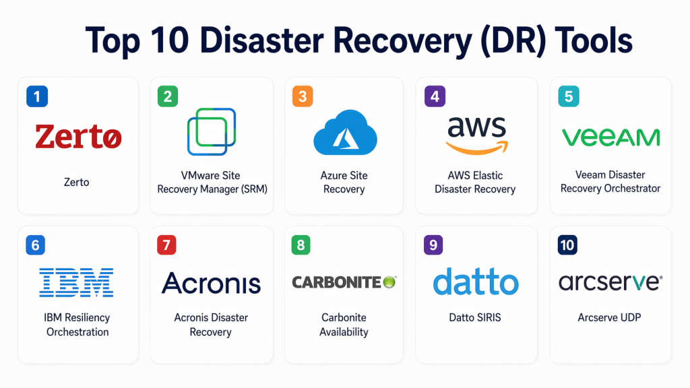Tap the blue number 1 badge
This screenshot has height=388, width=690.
pyautogui.click(x=36, y=96)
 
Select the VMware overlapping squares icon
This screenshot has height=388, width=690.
pyautogui.click(x=211, y=131)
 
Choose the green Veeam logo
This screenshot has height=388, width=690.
pyautogui.click(x=610, y=137)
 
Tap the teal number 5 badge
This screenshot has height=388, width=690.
pyautogui.click(x=569, y=96)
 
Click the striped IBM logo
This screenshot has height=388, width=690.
pyautogui.click(x=76, y=282)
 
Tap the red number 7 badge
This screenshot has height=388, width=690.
pyautogui.click(x=166, y=245)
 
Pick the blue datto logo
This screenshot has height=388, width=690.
pyautogui.click(x=476, y=282)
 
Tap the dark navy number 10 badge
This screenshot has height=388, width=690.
pyautogui.click(x=567, y=245)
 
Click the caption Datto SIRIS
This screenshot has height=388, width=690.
pyautogui.click(x=476, y=317)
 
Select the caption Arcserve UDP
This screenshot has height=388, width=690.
pyautogui.click(x=609, y=317)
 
